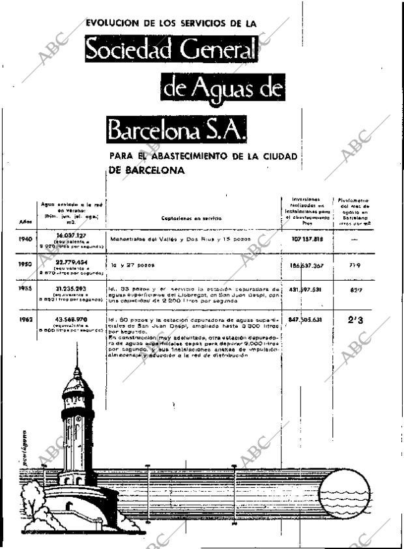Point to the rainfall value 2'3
point(355,320)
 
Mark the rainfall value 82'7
point(355,289)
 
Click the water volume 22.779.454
point(72,262)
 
